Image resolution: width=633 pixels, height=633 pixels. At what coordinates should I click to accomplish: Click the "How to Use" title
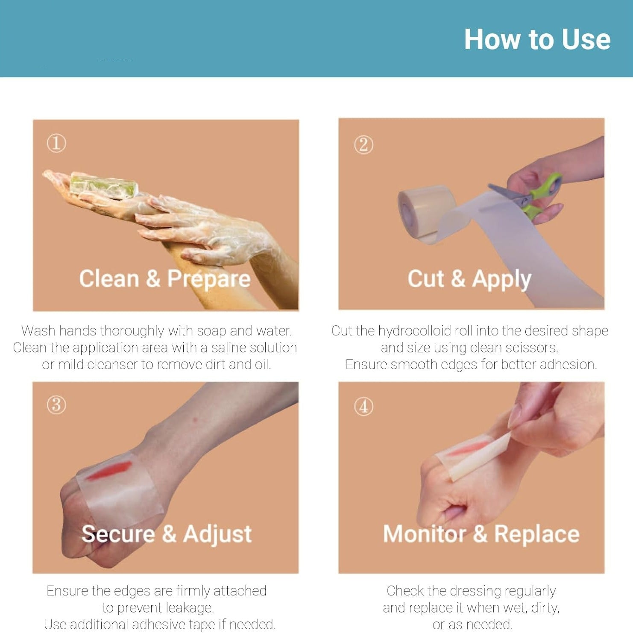(537, 39)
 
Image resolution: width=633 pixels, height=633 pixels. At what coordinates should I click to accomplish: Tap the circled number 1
(56, 143)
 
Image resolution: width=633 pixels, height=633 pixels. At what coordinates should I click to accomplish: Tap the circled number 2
(363, 145)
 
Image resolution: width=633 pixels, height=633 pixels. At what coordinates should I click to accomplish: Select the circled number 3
(56, 404)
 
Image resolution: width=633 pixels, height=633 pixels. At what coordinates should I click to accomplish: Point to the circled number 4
(363, 406)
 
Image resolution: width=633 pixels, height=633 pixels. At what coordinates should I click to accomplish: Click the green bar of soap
(104, 186)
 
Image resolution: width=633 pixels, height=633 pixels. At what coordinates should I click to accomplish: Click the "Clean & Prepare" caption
(165, 278)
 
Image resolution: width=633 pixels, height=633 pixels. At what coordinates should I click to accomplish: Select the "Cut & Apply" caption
(469, 279)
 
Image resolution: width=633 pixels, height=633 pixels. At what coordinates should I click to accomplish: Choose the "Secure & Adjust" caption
(167, 534)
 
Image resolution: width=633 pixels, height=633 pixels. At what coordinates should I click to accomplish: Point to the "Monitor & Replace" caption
(481, 534)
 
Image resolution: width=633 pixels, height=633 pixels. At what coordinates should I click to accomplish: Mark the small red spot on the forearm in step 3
(195, 420)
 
